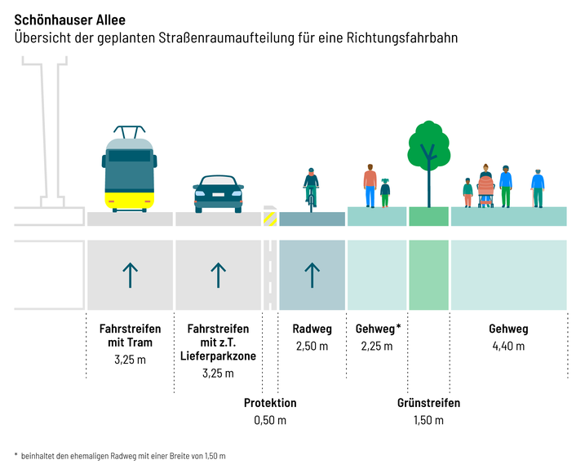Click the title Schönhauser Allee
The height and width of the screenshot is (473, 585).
[x=70, y=18]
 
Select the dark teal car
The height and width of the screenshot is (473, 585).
[x=218, y=193]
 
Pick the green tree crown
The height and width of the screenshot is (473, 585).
[x=428, y=142]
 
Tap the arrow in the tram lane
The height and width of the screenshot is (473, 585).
[x=129, y=275]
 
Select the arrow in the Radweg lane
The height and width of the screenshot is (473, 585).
[x=311, y=275]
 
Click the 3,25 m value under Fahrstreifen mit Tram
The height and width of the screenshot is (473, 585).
[x=130, y=359]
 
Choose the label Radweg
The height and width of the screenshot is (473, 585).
[x=312, y=329]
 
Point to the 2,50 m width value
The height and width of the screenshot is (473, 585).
[x=311, y=346]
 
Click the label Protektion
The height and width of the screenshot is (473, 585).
[x=270, y=403]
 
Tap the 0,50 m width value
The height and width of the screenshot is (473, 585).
[x=270, y=420]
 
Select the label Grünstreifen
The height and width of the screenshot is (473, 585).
[x=428, y=403]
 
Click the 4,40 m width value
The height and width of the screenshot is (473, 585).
[x=508, y=346]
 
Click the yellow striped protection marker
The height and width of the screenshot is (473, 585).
[x=269, y=219]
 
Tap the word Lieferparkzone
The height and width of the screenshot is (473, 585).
[x=218, y=357]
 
